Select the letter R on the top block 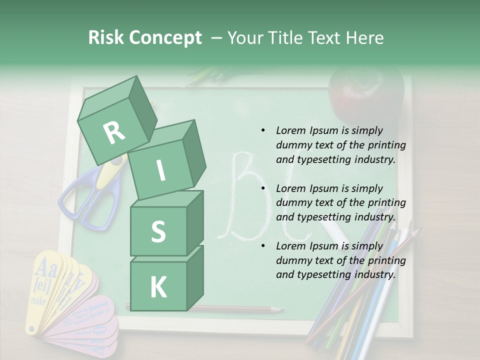(x=113, y=132)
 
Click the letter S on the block (x=158, y=231)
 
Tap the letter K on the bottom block (x=158, y=287)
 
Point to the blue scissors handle (x=80, y=200)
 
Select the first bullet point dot (x=263, y=130)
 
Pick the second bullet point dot (x=263, y=188)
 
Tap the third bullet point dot (x=263, y=246)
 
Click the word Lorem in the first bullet (x=290, y=130)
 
